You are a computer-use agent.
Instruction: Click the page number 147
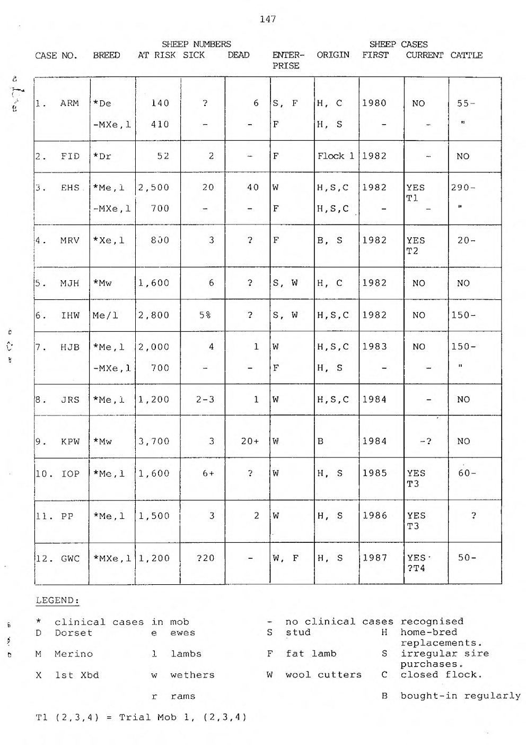coord(268,20)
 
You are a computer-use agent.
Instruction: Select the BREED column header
coord(107,55)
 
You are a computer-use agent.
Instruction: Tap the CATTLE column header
coord(467,55)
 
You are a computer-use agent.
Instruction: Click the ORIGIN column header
coord(333,55)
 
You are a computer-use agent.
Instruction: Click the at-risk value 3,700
coord(154,441)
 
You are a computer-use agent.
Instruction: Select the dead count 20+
coord(250,441)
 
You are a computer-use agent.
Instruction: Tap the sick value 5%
coord(205,315)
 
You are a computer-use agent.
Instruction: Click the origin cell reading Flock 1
coord(336,156)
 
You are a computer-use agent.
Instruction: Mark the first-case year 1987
coord(374,558)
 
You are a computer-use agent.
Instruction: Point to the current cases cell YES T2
coord(415,246)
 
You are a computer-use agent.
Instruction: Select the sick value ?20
coord(204,558)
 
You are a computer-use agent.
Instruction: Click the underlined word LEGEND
coord(57,601)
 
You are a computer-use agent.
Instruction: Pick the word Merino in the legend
coord(74,654)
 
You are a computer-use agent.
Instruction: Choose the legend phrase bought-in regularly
coord(460,696)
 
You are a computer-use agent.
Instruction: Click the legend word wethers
coord(192,675)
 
